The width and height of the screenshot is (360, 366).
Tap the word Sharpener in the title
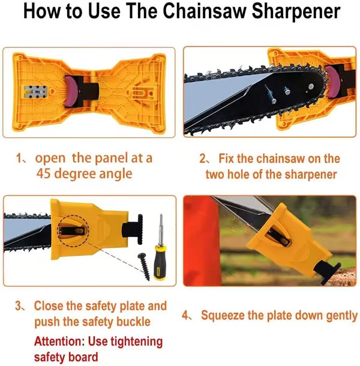pyautogui.click(x=296, y=12)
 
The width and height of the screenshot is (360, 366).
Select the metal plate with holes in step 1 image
pyautogui.click(x=35, y=91)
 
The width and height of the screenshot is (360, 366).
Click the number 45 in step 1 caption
pyautogui.click(x=43, y=174)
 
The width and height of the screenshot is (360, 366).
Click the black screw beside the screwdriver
pyautogui.click(x=144, y=266)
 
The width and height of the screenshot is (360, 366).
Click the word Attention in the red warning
pyautogui.click(x=59, y=341)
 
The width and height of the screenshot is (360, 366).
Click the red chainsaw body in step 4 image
pyautogui.click(x=201, y=241)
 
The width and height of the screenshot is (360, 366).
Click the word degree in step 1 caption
pyautogui.click(x=75, y=175)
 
